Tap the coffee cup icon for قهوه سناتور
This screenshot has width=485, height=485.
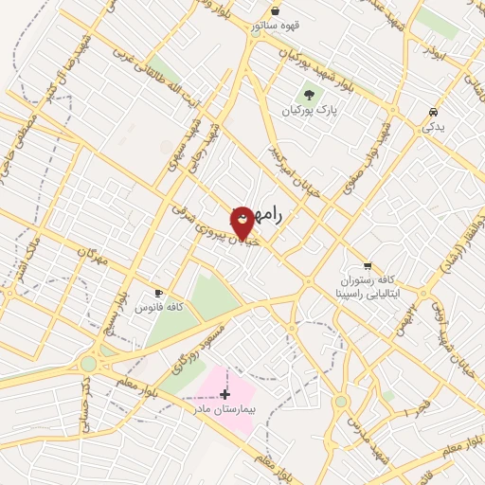tap(274, 10)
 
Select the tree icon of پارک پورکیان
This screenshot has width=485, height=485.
tap(309, 94)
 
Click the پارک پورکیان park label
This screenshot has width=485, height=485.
tap(309, 111)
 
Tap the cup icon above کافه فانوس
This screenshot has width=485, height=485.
tap(159, 293)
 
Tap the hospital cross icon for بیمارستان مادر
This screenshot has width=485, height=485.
tap(225, 393)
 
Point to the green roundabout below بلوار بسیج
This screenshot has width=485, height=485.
tap(88, 363)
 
